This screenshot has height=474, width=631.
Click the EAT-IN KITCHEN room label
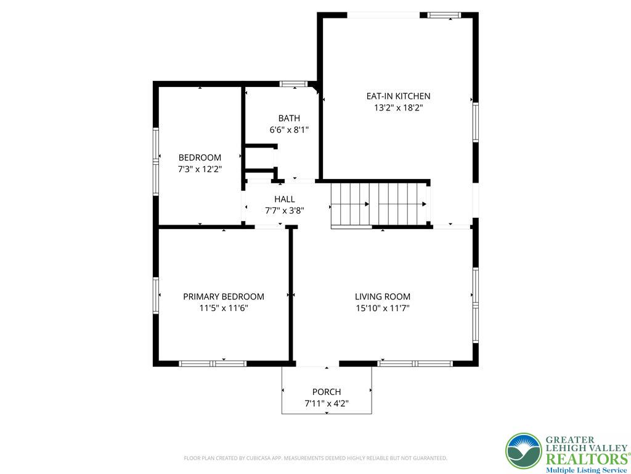click(x=398, y=96)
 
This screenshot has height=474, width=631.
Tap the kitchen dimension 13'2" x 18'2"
click(x=398, y=108)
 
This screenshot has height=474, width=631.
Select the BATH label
click(x=289, y=118)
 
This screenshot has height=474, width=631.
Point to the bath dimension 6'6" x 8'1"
click(x=289, y=130)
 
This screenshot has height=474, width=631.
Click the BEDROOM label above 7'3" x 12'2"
click(x=200, y=157)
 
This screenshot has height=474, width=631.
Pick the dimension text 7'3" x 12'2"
click(x=200, y=169)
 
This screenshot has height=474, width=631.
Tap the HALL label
click(x=285, y=199)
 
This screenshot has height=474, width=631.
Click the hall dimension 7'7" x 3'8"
click(x=285, y=210)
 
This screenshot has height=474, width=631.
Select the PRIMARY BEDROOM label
click(x=224, y=297)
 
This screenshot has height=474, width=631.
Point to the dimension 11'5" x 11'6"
click(x=224, y=309)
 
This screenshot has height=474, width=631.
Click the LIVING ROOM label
click(x=383, y=297)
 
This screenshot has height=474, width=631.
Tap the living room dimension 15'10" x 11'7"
click(x=383, y=309)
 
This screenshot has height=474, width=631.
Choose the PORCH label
click(x=327, y=392)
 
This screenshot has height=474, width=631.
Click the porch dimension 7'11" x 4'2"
click(x=327, y=404)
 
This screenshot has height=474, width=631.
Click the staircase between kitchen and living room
click(x=380, y=205)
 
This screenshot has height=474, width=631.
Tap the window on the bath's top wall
click(x=294, y=84)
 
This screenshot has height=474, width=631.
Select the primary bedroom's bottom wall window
click(x=213, y=364)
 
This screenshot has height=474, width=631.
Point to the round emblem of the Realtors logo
click(x=524, y=451)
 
